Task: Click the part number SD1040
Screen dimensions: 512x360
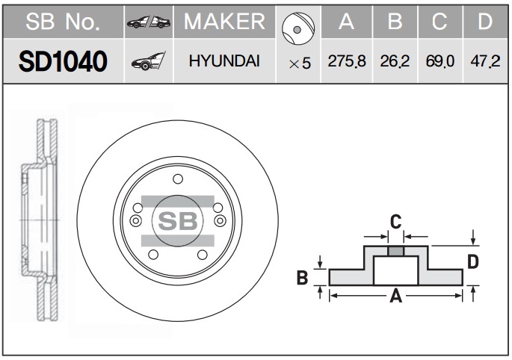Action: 63,61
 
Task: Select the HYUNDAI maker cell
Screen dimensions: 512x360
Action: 224,61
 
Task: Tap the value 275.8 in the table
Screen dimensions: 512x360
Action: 347,61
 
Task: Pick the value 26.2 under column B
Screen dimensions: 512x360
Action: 395,61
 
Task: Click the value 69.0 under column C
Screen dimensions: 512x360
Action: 439,61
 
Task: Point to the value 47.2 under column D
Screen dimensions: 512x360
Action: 485,61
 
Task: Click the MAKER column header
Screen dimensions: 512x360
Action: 224,22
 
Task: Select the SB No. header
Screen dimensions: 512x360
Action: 63,22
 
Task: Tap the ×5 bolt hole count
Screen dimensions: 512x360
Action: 300,63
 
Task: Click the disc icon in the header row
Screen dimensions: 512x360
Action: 298,28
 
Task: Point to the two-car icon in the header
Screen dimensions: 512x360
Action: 149,22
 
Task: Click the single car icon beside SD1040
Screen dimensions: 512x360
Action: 149,61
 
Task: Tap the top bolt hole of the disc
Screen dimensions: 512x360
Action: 178,179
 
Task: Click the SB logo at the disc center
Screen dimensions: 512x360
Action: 178,221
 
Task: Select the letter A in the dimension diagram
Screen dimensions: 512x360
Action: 395,296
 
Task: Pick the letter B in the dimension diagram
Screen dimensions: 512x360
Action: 303,278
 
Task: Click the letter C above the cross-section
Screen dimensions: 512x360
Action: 395,222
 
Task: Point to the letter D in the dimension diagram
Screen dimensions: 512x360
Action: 473,261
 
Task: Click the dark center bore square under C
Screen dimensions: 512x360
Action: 395,251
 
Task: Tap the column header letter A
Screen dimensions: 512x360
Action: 347,22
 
